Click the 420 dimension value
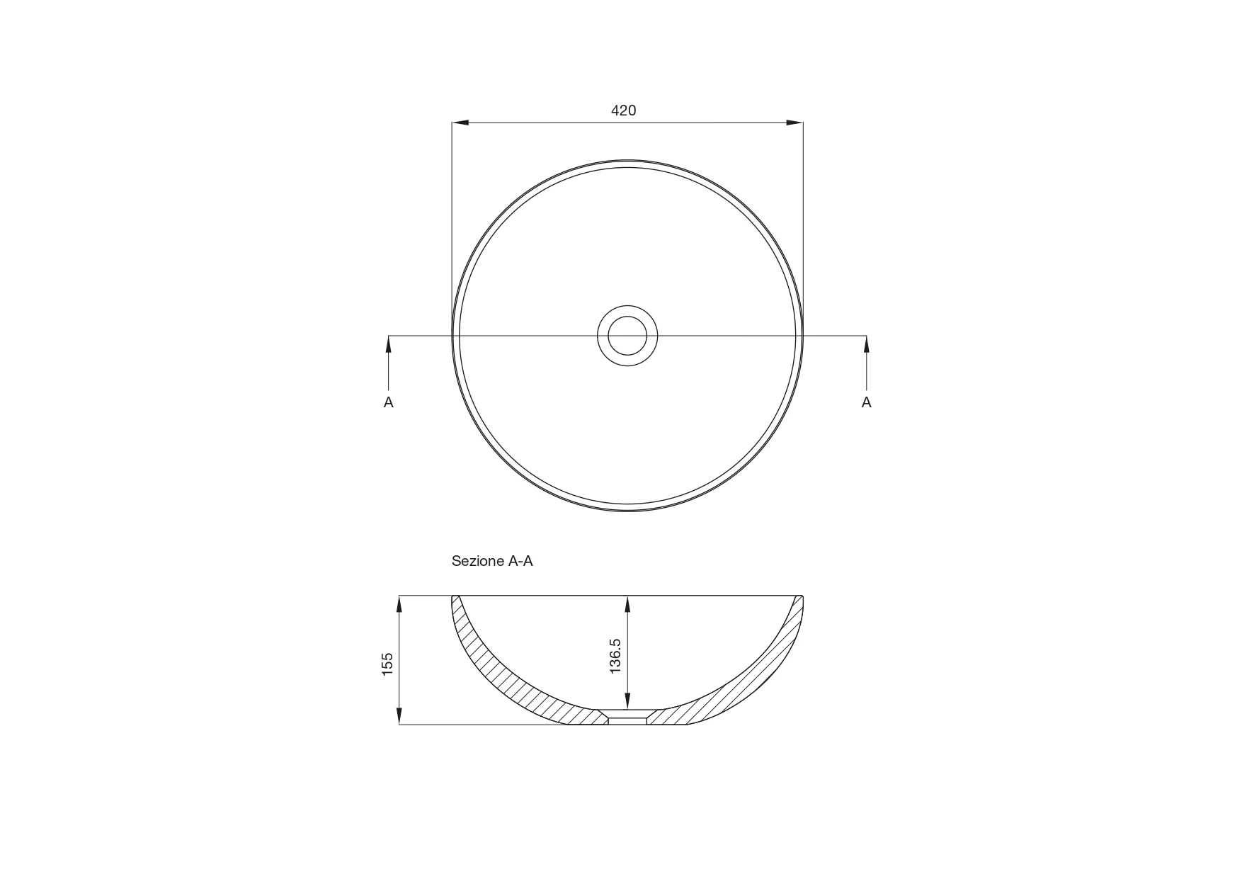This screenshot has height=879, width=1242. pyautogui.click(x=623, y=110)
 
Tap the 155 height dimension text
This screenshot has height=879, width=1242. pyautogui.click(x=387, y=664)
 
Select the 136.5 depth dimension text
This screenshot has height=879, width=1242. pyautogui.click(x=615, y=656)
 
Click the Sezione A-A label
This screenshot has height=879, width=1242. pyautogui.click(x=492, y=561)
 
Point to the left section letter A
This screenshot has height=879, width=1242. pyautogui.click(x=389, y=402)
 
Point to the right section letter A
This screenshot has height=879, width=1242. pyautogui.click(x=866, y=402)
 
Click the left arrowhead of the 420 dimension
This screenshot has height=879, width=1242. pyautogui.click(x=460, y=123)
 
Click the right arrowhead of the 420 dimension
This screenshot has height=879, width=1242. pyautogui.click(x=794, y=123)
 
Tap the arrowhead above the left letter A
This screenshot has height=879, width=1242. pyautogui.click(x=389, y=344)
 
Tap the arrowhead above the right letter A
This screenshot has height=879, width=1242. pyautogui.click(x=866, y=344)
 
